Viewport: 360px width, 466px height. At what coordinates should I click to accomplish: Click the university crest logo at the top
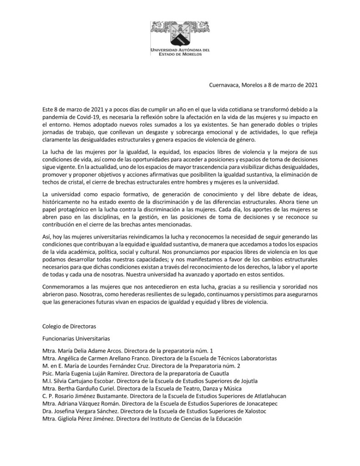click(x=179, y=31)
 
